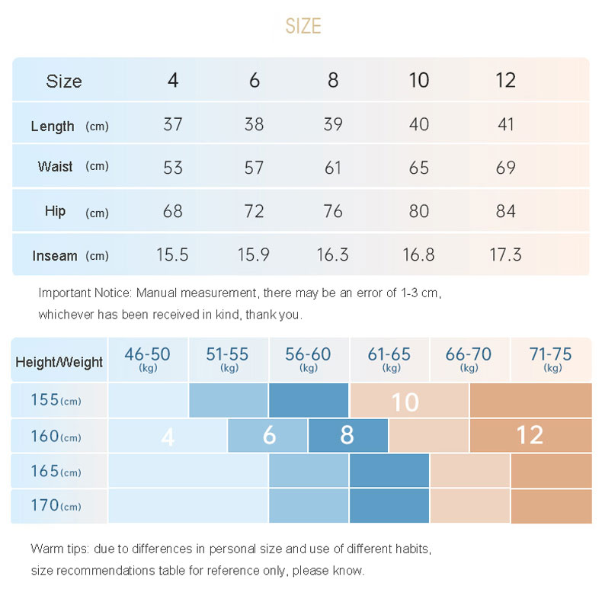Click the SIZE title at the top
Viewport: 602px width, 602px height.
coord(303,27)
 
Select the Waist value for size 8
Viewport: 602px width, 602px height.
coord(333,168)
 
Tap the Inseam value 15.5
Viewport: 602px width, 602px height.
coord(172,255)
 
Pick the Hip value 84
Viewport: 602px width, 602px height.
coord(505,211)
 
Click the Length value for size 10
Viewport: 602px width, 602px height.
coord(419,124)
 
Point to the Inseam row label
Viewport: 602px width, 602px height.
coord(55,256)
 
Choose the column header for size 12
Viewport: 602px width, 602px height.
coord(505,81)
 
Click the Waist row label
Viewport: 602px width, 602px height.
coord(56,166)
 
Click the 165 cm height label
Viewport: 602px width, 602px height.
coord(45,471)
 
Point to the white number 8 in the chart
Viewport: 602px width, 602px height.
coord(347,435)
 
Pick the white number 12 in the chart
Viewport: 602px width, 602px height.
coord(529,435)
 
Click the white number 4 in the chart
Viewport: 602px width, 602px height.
coord(168,437)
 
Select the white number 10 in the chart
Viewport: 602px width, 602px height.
coord(405,402)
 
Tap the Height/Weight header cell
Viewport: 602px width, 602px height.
coord(59,362)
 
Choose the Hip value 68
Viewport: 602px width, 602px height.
coord(173,211)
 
